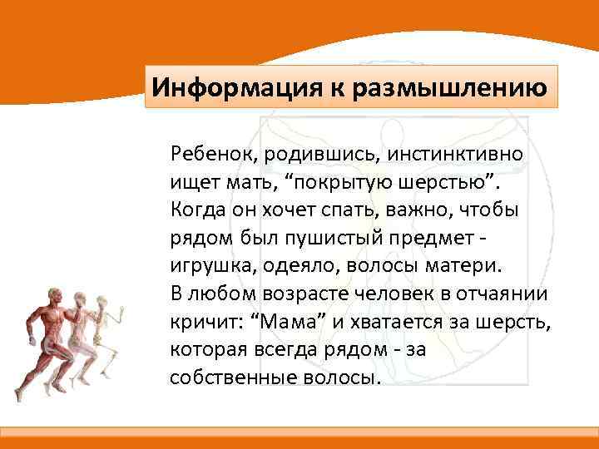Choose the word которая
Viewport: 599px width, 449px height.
(x=204, y=349)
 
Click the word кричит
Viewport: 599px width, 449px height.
(x=196, y=321)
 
